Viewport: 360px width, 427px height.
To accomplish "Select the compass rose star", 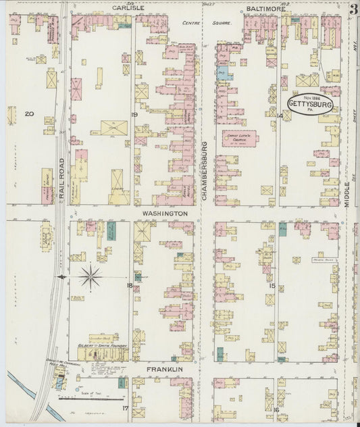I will (x=91, y=277).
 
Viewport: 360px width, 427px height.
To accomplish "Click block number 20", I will (x=28, y=114).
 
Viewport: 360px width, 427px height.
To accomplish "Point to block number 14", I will (x=279, y=116).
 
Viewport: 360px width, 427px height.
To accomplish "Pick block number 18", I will (x=129, y=285).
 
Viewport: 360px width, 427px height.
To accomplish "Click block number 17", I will (x=125, y=408).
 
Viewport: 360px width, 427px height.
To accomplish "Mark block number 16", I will (x=276, y=409).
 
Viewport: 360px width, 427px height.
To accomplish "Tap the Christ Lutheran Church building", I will (x=240, y=139).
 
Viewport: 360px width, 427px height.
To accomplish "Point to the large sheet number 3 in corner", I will (x=354, y=10).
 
